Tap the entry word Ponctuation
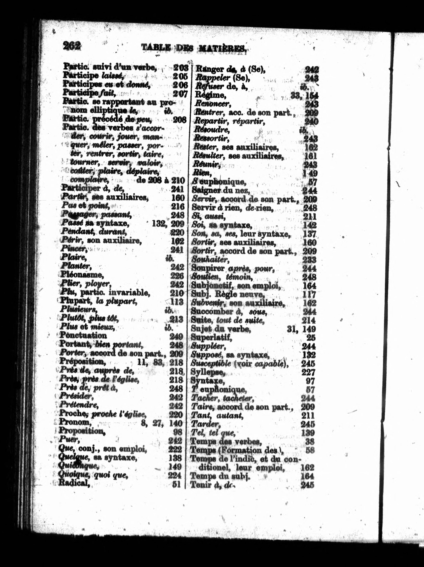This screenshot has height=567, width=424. [x=83, y=335]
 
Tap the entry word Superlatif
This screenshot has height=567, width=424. [x=211, y=338]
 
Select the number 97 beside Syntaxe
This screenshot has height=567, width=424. [x=310, y=381]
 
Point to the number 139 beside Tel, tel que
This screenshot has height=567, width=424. [x=308, y=433]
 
